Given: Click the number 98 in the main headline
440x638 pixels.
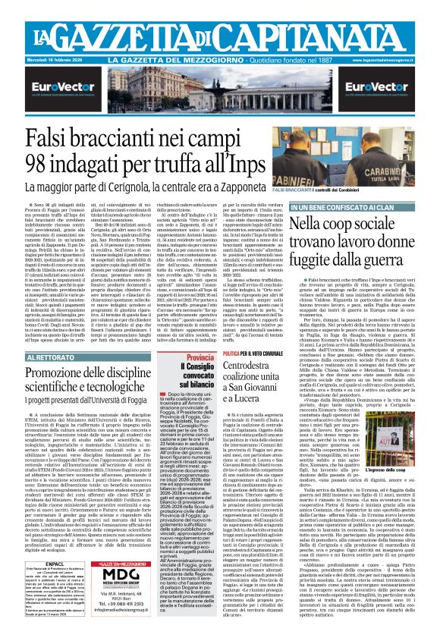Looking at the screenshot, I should [x=42, y=164].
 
